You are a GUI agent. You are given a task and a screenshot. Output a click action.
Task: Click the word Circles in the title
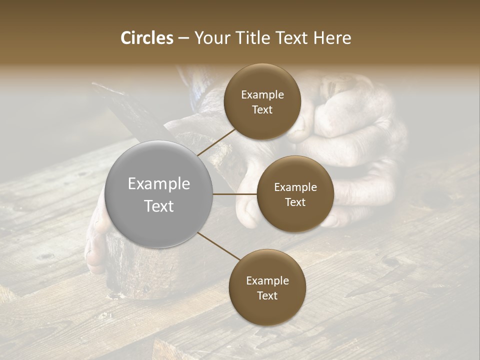pyautogui.click(x=147, y=38)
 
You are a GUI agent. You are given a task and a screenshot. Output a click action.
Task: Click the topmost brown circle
pyautogui.click(x=262, y=102)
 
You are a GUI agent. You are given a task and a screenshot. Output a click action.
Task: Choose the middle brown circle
pyautogui.click(x=295, y=194)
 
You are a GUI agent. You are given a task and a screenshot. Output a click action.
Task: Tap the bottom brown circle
pyautogui.click(x=267, y=287)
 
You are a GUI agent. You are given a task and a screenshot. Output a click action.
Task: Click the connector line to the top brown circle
pyautogui.click(x=216, y=142)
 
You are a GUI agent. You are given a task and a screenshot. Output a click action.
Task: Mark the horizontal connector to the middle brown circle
pyautogui.click(x=235, y=194)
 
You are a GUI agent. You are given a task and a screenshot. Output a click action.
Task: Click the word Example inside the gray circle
pyautogui.click(x=159, y=184)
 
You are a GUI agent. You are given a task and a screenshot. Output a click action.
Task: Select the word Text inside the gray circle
pyautogui.click(x=159, y=206)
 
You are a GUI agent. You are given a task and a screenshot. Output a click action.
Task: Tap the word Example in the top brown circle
pyautogui.click(x=262, y=95)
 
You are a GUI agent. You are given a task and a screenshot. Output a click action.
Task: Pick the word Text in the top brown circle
pyautogui.click(x=262, y=109)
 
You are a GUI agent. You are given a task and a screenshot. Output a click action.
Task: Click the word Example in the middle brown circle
pyautogui.click(x=295, y=187)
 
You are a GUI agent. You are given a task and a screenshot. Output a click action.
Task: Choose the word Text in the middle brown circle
pyautogui.click(x=295, y=202)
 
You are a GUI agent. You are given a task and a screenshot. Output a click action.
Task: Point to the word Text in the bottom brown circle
pyautogui.click(x=267, y=295)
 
